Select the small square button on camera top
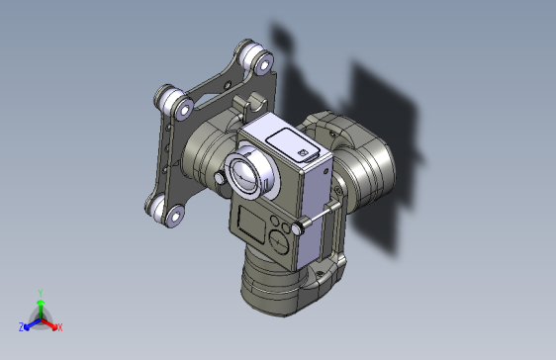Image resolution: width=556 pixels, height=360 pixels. (x=304, y=151)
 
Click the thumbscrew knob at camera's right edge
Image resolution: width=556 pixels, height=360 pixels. (x=301, y=227)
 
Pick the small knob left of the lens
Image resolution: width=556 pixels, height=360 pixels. (x=219, y=177)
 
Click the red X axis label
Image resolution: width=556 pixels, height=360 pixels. (x=59, y=327)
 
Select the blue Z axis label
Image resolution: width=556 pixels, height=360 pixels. (x=21, y=327)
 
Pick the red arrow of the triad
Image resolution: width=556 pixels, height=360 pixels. (x=50, y=322)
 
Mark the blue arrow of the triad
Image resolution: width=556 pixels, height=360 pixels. (x=30, y=323)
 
